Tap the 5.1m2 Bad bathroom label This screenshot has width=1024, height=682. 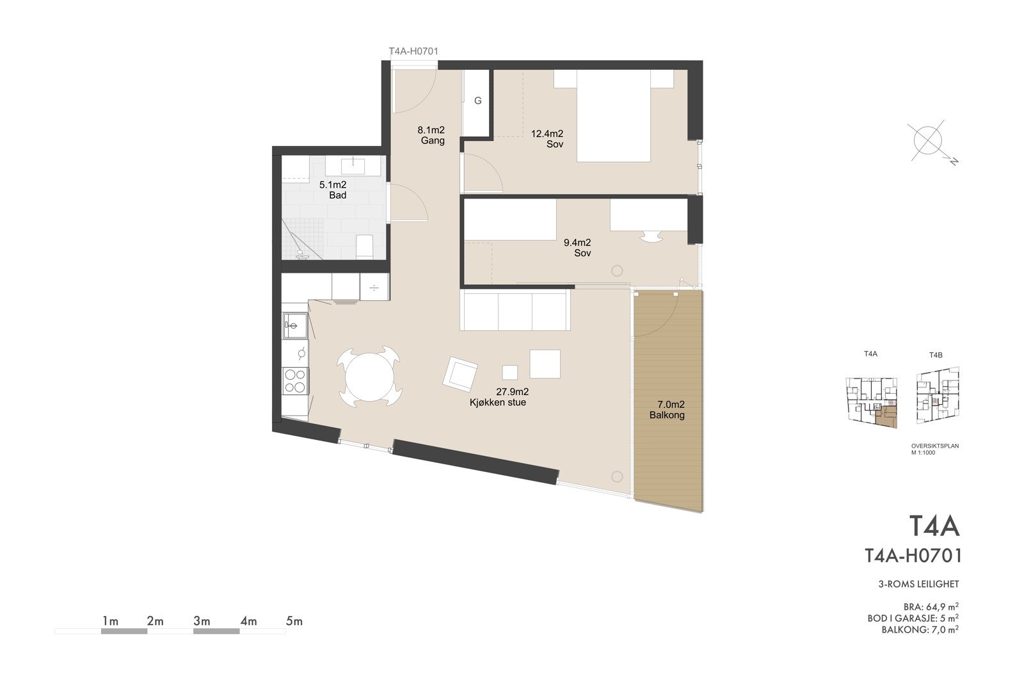[x=333, y=190]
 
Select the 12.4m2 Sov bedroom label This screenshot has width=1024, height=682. [x=548, y=139]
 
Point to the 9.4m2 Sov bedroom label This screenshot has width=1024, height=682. [x=577, y=248]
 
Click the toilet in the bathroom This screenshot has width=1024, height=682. [x=365, y=247]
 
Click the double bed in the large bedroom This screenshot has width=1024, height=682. [x=614, y=115]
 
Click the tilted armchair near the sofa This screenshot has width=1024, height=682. [x=460, y=373]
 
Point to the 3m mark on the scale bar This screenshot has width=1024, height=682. [x=201, y=621]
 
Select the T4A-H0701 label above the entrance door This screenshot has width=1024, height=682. [x=413, y=51]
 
